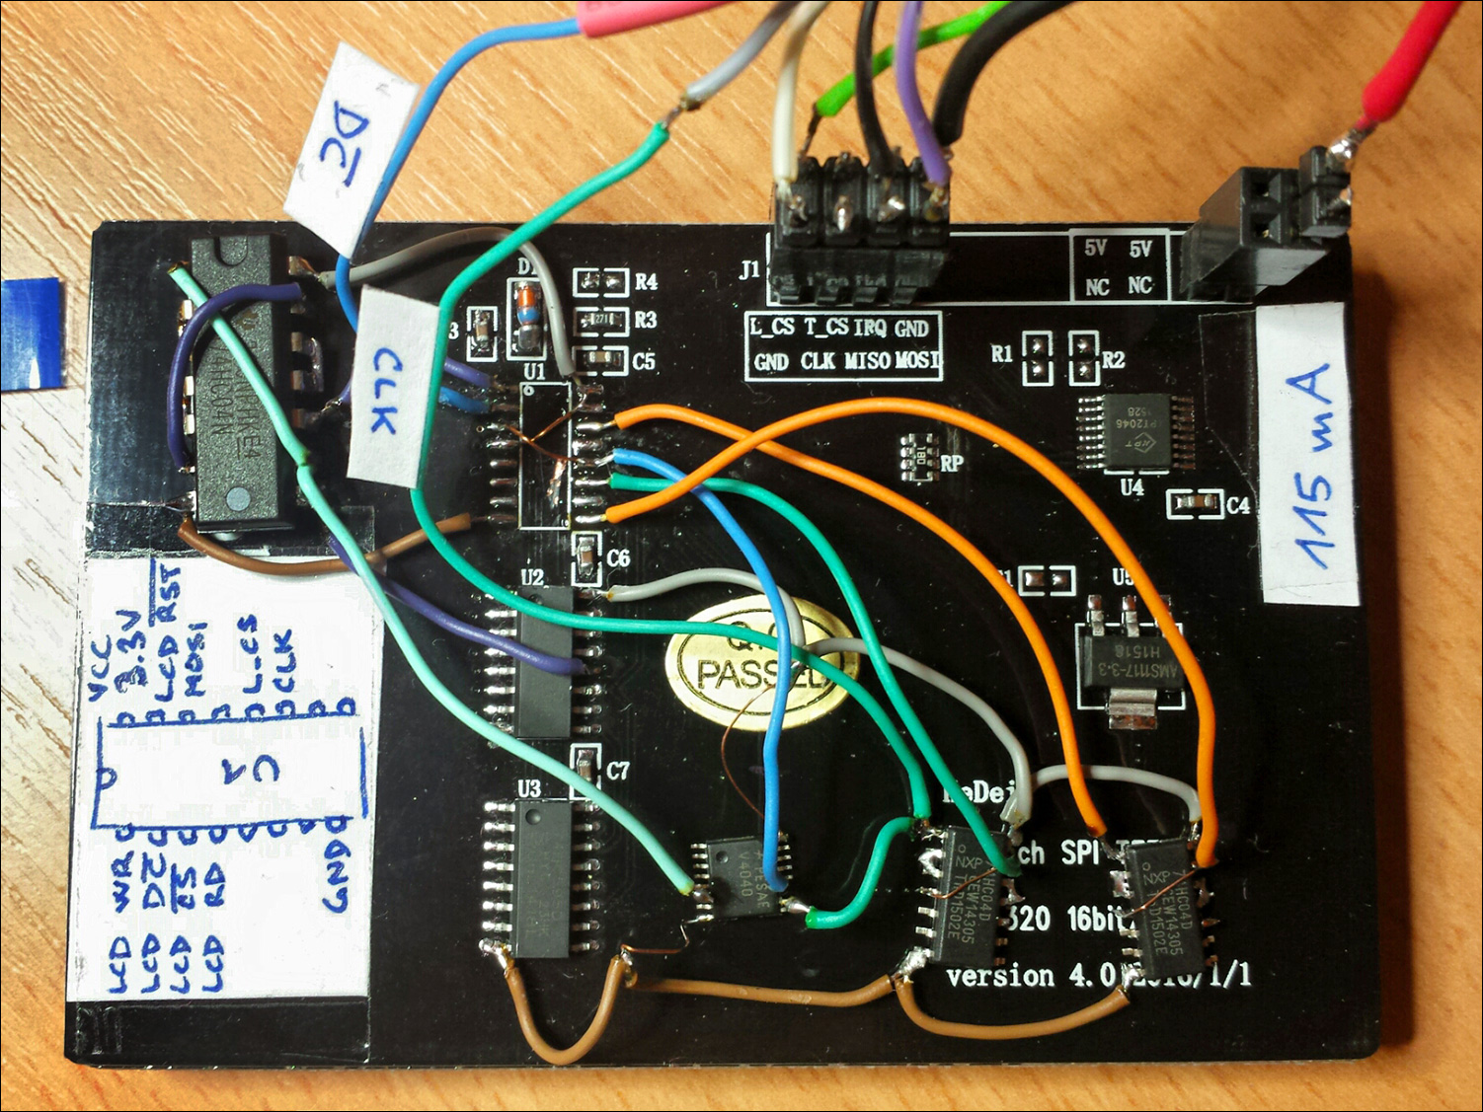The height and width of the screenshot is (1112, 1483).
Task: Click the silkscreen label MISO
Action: (x=867, y=361)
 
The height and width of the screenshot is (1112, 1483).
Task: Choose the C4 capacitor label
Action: (x=1238, y=505)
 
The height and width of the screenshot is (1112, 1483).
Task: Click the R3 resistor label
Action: (x=646, y=320)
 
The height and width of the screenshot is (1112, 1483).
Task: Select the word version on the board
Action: (x=1000, y=976)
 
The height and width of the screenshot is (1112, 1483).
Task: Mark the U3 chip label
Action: (x=529, y=788)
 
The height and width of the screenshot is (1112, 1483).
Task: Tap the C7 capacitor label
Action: (x=618, y=771)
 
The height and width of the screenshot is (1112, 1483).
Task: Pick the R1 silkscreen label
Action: (x=1002, y=353)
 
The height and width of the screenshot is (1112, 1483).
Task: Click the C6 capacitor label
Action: (x=618, y=558)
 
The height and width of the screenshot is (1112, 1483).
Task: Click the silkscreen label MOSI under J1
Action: (x=918, y=361)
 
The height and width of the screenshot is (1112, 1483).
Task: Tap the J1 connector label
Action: (x=749, y=268)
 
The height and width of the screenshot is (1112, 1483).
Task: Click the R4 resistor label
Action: (x=646, y=282)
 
